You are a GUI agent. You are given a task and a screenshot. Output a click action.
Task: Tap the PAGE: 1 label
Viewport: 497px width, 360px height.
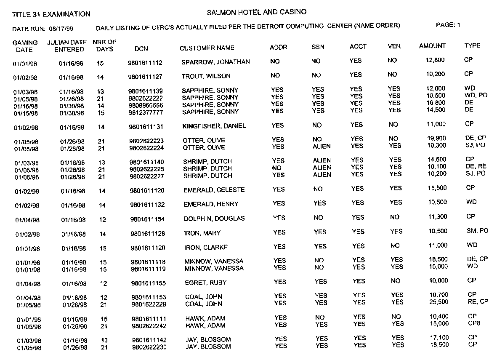tap(448, 25)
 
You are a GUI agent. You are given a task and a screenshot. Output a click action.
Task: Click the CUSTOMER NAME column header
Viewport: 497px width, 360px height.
tap(207, 48)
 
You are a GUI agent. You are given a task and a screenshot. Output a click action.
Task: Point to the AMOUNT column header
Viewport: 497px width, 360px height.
tap(432, 46)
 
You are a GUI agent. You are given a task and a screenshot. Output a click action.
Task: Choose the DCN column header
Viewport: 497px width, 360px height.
tap(141, 48)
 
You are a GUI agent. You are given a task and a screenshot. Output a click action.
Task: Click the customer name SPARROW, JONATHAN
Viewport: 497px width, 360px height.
tap(215, 62)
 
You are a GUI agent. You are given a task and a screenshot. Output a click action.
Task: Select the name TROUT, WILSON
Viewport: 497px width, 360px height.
tap(207, 76)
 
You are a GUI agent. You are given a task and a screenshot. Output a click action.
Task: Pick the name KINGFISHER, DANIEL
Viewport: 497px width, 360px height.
tap(214, 126)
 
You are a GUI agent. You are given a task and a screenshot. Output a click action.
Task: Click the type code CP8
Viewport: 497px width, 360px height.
tap(474, 323)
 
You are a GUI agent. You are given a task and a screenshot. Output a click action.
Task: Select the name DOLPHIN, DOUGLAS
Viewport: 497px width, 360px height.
tap(214, 219)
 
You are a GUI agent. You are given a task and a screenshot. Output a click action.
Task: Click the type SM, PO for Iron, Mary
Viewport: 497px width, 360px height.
tap(478, 231)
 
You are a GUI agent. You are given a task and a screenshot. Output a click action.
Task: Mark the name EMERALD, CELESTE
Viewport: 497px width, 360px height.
tap(214, 190)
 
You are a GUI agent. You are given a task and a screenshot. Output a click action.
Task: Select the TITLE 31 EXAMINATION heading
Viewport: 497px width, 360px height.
tap(51, 14)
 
